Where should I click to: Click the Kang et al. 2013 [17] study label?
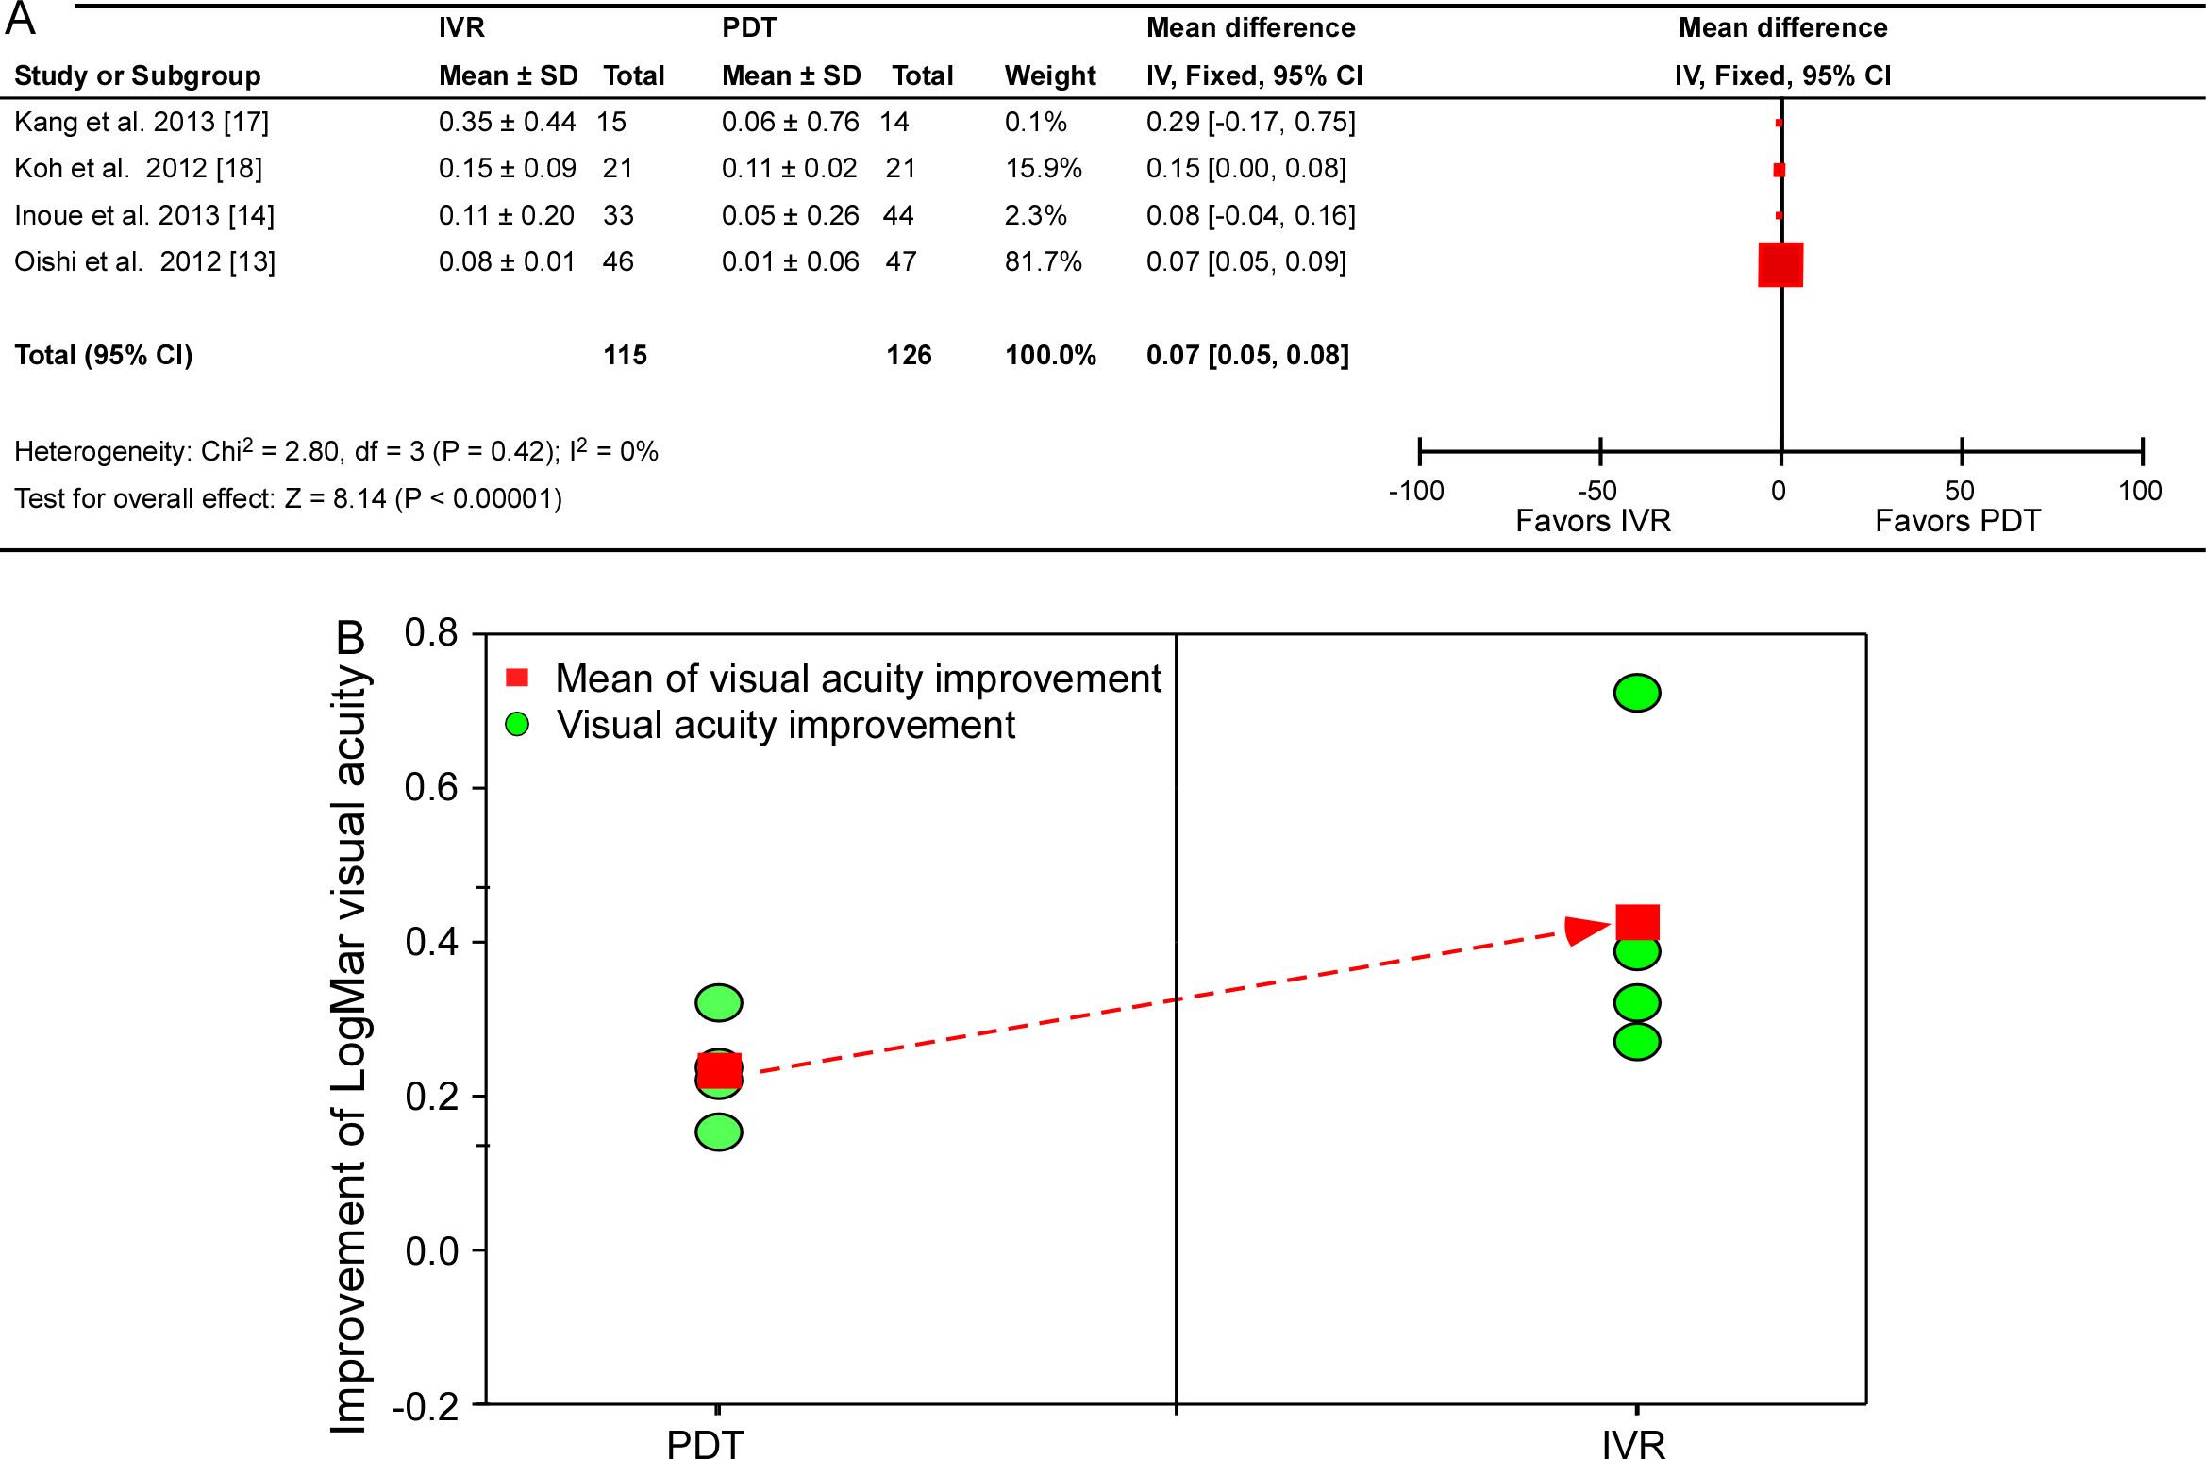142,122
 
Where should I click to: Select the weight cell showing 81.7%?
1043,261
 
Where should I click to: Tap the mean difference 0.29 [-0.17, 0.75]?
1250,122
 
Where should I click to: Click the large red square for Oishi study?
1780,264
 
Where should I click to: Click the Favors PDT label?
1957,521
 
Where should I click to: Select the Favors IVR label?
1593,521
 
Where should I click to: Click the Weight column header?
1049,75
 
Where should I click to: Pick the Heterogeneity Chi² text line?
336,451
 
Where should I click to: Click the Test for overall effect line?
288,498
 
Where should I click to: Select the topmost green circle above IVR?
1637,693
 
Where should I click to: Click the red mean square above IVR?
1637,922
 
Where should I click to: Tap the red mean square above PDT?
719,1071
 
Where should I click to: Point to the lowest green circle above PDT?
719,1132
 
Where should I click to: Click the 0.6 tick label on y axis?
431,787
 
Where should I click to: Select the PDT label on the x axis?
705,1445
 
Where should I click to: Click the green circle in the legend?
517,725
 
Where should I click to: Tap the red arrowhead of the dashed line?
1585,930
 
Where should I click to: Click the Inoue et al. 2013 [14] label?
144,215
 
